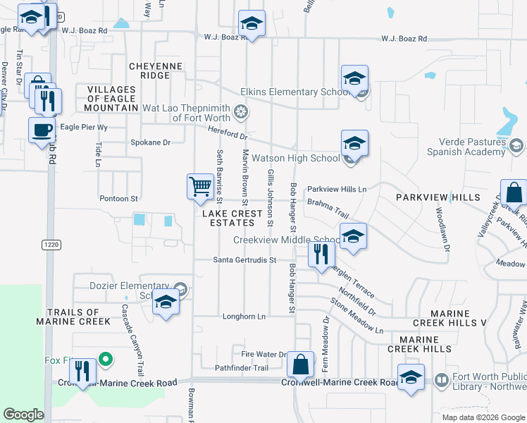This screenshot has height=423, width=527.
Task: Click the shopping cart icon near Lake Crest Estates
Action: pyautogui.click(x=201, y=186)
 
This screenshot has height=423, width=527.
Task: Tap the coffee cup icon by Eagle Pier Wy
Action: pyautogui.click(x=42, y=130)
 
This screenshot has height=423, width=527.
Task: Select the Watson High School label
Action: pyautogui.click(x=296, y=159)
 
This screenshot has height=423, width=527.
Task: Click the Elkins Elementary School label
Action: pyautogui.click(x=295, y=92)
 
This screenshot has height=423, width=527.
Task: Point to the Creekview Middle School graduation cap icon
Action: pyautogui.click(x=354, y=235)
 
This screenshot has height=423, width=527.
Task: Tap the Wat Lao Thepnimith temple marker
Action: pyautogui.click(x=242, y=111)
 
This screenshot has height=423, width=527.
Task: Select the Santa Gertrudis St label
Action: pyautogui.click(x=244, y=260)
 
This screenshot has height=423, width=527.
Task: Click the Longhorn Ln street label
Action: pyautogui.click(x=242, y=317)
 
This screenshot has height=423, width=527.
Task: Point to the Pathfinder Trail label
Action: pyautogui.click(x=242, y=368)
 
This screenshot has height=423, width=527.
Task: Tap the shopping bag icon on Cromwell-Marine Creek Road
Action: pyautogui.click(x=300, y=364)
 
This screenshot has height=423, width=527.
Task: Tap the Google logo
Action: pyautogui.click(x=23, y=415)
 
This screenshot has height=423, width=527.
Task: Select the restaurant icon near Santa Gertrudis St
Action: pyautogui.click(x=321, y=255)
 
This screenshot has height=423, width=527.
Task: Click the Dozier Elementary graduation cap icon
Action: pyautogui.click(x=166, y=302)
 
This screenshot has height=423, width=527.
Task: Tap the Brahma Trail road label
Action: pyautogui.click(x=328, y=207)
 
